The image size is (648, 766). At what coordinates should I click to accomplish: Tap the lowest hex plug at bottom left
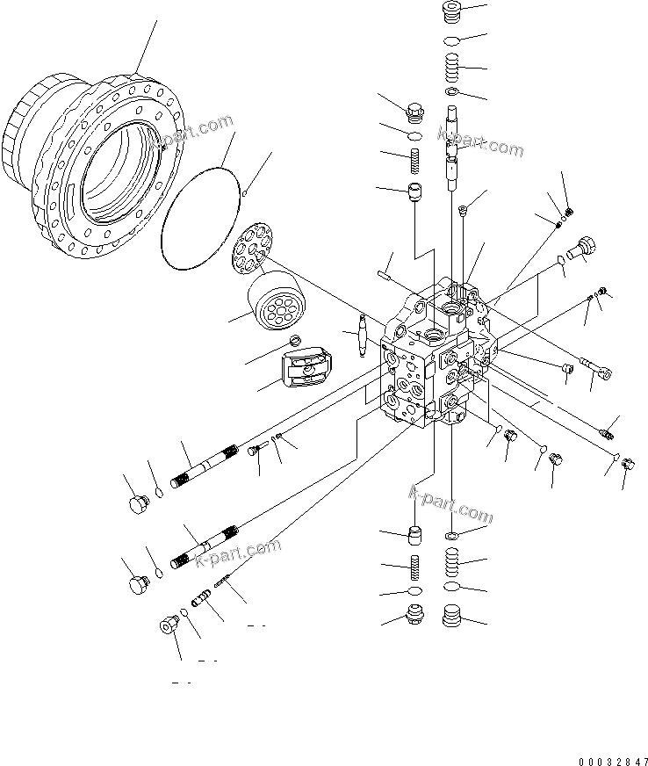coord(167,625)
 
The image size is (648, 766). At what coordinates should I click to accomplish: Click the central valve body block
coord(430,360)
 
